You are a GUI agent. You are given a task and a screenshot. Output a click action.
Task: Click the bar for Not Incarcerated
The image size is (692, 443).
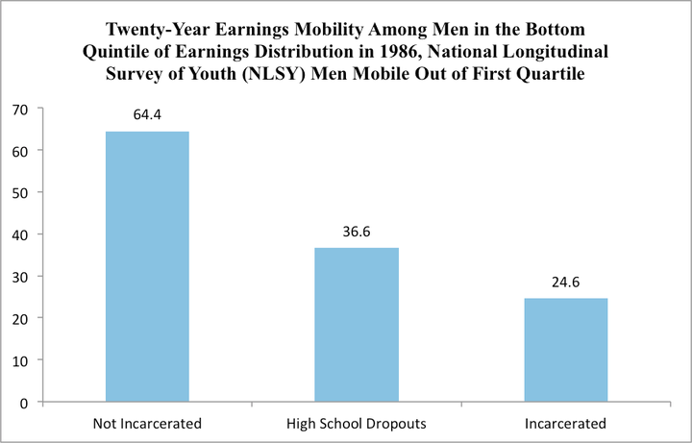[x=147, y=266]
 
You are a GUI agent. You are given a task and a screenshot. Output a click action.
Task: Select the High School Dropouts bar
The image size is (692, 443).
[x=357, y=324]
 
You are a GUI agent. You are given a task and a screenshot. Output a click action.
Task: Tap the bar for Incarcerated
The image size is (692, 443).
[x=566, y=350]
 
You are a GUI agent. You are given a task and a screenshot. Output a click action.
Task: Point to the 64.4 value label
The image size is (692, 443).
[x=147, y=114]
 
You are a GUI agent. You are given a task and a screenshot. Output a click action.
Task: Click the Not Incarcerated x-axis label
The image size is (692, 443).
[x=147, y=423]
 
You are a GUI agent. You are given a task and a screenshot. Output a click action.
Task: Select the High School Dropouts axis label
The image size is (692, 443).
[x=357, y=423]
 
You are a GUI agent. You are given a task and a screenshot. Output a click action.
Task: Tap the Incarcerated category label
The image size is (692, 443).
[x=566, y=423]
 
